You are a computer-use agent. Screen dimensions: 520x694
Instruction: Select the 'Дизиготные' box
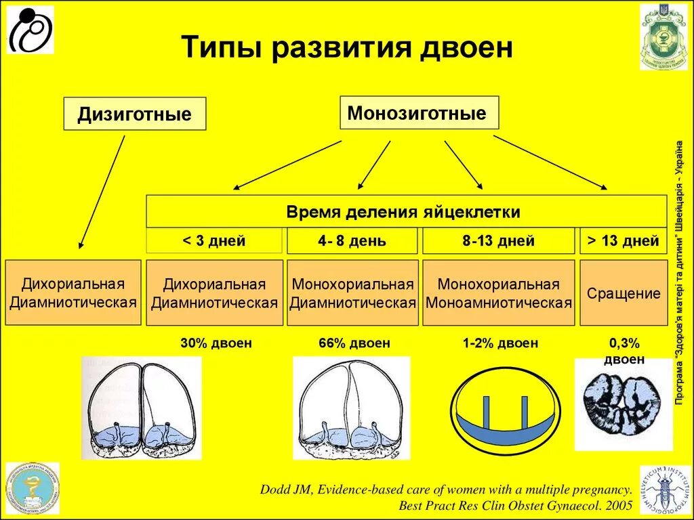[x=134, y=114]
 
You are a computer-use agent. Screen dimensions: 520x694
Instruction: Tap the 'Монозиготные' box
[x=418, y=112]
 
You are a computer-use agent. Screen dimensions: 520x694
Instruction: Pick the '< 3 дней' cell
[x=214, y=241]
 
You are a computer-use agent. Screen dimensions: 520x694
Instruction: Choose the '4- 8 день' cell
[x=352, y=241]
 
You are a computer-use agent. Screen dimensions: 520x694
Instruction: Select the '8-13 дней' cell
[x=498, y=241]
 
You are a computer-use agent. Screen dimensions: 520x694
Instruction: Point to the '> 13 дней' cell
[x=624, y=241]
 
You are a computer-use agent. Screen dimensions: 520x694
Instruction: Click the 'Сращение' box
[x=624, y=293]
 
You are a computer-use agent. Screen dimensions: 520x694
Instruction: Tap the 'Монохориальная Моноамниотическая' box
[x=498, y=293]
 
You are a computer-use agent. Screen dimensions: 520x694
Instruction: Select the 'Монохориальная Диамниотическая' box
[x=352, y=293]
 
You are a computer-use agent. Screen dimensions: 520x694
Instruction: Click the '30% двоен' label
[x=216, y=343]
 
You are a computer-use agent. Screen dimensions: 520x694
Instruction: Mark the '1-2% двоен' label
[x=500, y=343]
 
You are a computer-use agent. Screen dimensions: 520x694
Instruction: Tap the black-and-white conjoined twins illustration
[x=624, y=404]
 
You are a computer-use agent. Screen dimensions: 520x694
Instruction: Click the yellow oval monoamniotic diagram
[x=505, y=411]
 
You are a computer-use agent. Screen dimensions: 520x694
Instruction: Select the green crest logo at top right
[x=663, y=37]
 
